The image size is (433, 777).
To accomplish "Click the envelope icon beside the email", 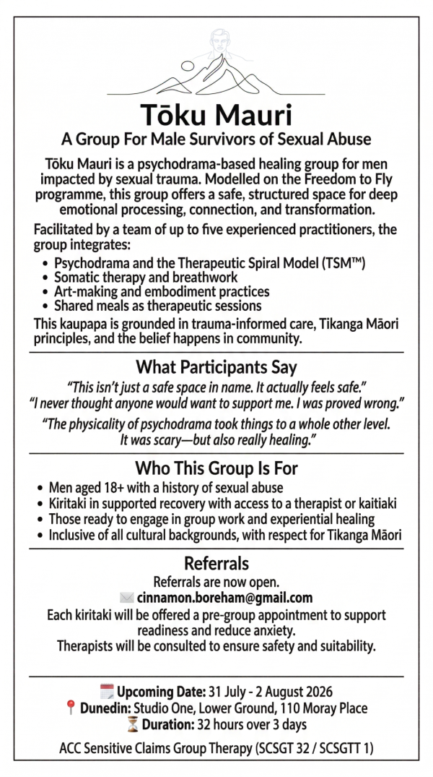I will [126, 598].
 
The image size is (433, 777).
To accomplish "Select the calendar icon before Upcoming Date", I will [106, 691].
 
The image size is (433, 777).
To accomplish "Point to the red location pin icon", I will [70, 708].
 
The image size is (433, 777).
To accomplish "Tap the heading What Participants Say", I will [216, 367].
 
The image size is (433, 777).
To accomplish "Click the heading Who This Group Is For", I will [216, 468].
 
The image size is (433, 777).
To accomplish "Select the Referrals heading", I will [216, 563].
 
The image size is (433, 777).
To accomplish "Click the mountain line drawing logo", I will [216, 65].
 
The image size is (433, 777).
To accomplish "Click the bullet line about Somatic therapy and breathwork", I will [146, 278].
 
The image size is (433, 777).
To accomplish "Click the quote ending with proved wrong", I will [216, 401].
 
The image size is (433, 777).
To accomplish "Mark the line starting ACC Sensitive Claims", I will [216, 749].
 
